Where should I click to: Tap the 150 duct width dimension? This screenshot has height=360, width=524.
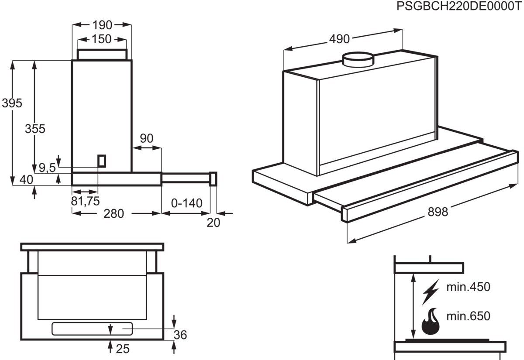click(x=102, y=39)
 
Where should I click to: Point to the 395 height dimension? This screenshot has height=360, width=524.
click(x=12, y=103)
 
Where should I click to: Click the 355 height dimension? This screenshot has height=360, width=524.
click(x=35, y=129)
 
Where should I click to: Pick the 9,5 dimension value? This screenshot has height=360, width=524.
click(x=47, y=168)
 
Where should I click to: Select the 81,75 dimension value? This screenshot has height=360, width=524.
click(x=85, y=201)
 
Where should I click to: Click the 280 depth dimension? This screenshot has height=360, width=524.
click(x=114, y=214)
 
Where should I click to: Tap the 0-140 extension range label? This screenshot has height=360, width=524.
click(x=187, y=203)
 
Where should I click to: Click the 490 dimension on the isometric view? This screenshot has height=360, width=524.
click(x=339, y=39)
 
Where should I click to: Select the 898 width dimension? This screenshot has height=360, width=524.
click(x=438, y=212)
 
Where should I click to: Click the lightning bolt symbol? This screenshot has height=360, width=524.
click(x=430, y=292)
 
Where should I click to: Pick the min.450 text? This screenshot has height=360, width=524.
click(x=468, y=287)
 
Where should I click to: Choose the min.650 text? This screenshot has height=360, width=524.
click(x=468, y=316)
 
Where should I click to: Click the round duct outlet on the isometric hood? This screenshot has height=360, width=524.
click(x=358, y=59)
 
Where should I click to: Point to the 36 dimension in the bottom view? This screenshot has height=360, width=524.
click(x=180, y=335)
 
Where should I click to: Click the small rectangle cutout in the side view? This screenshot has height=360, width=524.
click(x=102, y=161)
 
